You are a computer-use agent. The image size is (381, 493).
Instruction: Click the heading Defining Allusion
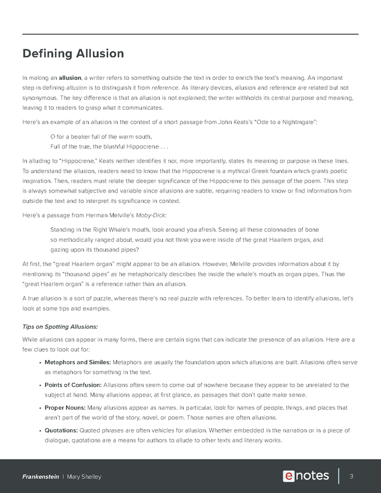[73, 54]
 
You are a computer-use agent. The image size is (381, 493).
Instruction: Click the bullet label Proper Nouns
[65, 407]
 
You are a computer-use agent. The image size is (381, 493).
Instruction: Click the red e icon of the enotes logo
[288, 476]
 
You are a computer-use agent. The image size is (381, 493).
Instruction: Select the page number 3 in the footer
[351, 476]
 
